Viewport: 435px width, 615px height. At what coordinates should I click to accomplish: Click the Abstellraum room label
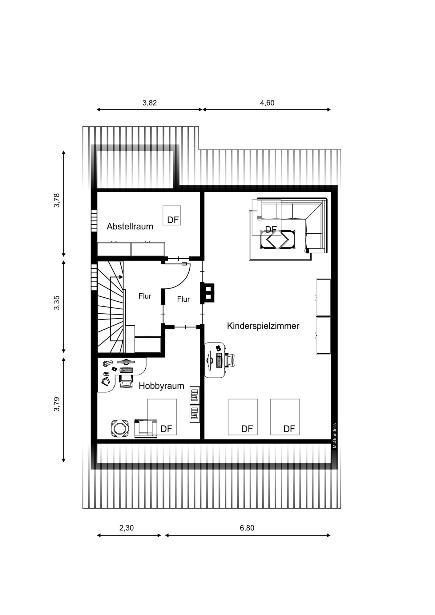130,227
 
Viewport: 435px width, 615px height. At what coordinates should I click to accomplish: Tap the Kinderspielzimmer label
263,326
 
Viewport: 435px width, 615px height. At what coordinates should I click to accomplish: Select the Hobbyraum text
161,386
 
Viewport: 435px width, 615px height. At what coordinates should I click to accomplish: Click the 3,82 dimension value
150,103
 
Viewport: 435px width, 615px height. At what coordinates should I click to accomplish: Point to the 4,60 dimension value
267,103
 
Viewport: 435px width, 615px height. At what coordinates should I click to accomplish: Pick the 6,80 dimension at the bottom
247,528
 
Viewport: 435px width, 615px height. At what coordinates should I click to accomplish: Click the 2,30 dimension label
127,528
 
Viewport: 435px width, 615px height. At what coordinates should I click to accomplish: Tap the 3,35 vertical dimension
57,303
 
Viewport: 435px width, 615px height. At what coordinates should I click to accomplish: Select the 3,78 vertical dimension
57,200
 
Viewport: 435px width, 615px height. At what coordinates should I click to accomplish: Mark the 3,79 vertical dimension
57,404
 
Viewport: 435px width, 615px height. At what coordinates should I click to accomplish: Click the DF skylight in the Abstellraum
172,216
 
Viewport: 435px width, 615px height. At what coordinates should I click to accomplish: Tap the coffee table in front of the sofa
278,240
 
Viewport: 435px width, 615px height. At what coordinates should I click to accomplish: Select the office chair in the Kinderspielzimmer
230,360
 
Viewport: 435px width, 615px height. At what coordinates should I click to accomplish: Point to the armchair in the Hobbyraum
146,428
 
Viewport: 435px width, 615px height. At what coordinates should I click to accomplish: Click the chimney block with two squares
207,292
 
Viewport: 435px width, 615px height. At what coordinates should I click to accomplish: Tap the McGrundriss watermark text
335,436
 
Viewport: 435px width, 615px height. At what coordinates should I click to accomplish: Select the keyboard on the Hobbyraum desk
126,370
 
